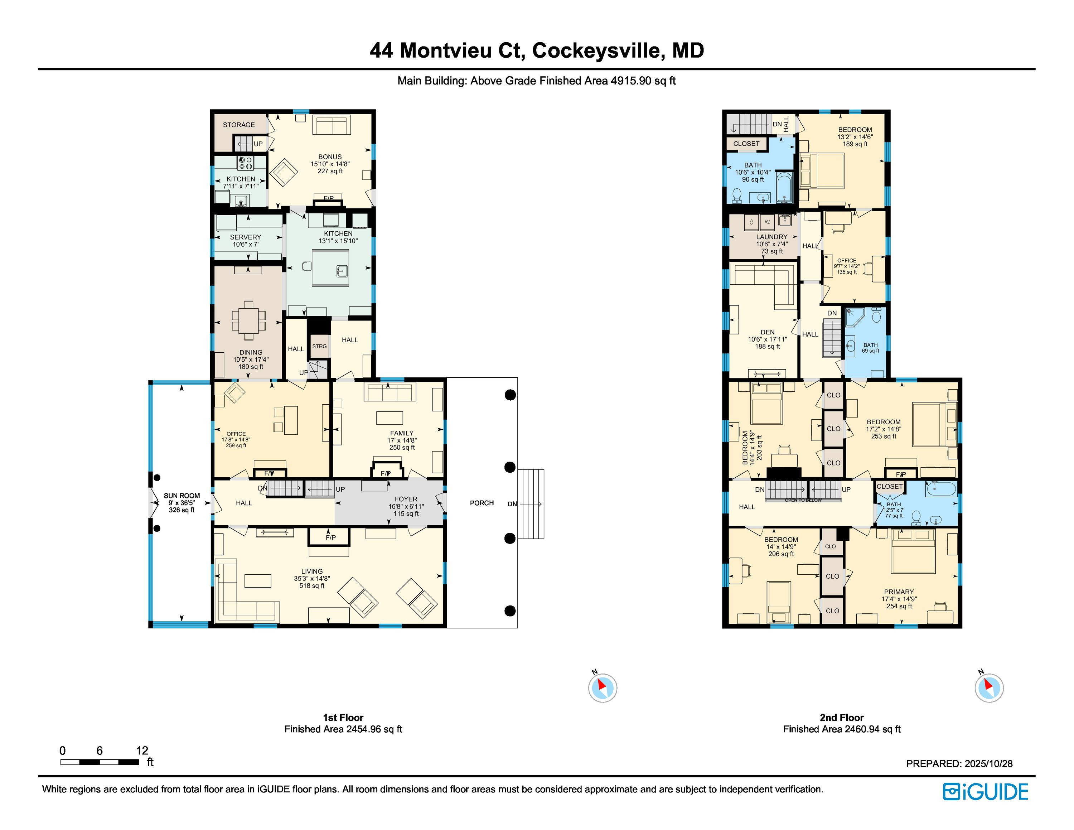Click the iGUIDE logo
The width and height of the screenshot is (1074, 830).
(x=985, y=792)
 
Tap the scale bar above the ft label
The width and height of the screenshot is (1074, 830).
(x=99, y=762)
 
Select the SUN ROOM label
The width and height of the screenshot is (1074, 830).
(x=182, y=496)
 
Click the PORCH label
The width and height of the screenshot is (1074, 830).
(x=482, y=502)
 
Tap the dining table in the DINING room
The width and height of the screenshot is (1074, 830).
(x=249, y=320)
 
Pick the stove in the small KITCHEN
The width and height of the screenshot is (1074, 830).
(x=245, y=162)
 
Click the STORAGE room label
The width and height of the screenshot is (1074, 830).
(x=239, y=125)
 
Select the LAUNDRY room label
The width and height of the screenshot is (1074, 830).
(x=771, y=237)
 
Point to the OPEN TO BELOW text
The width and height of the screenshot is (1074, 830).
(x=803, y=500)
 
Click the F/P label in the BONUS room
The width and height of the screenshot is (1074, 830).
(x=329, y=198)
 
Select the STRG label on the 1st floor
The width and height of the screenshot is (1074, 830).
(x=319, y=346)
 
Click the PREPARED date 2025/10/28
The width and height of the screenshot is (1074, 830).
(x=988, y=764)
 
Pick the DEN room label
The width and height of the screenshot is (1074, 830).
(x=767, y=332)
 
